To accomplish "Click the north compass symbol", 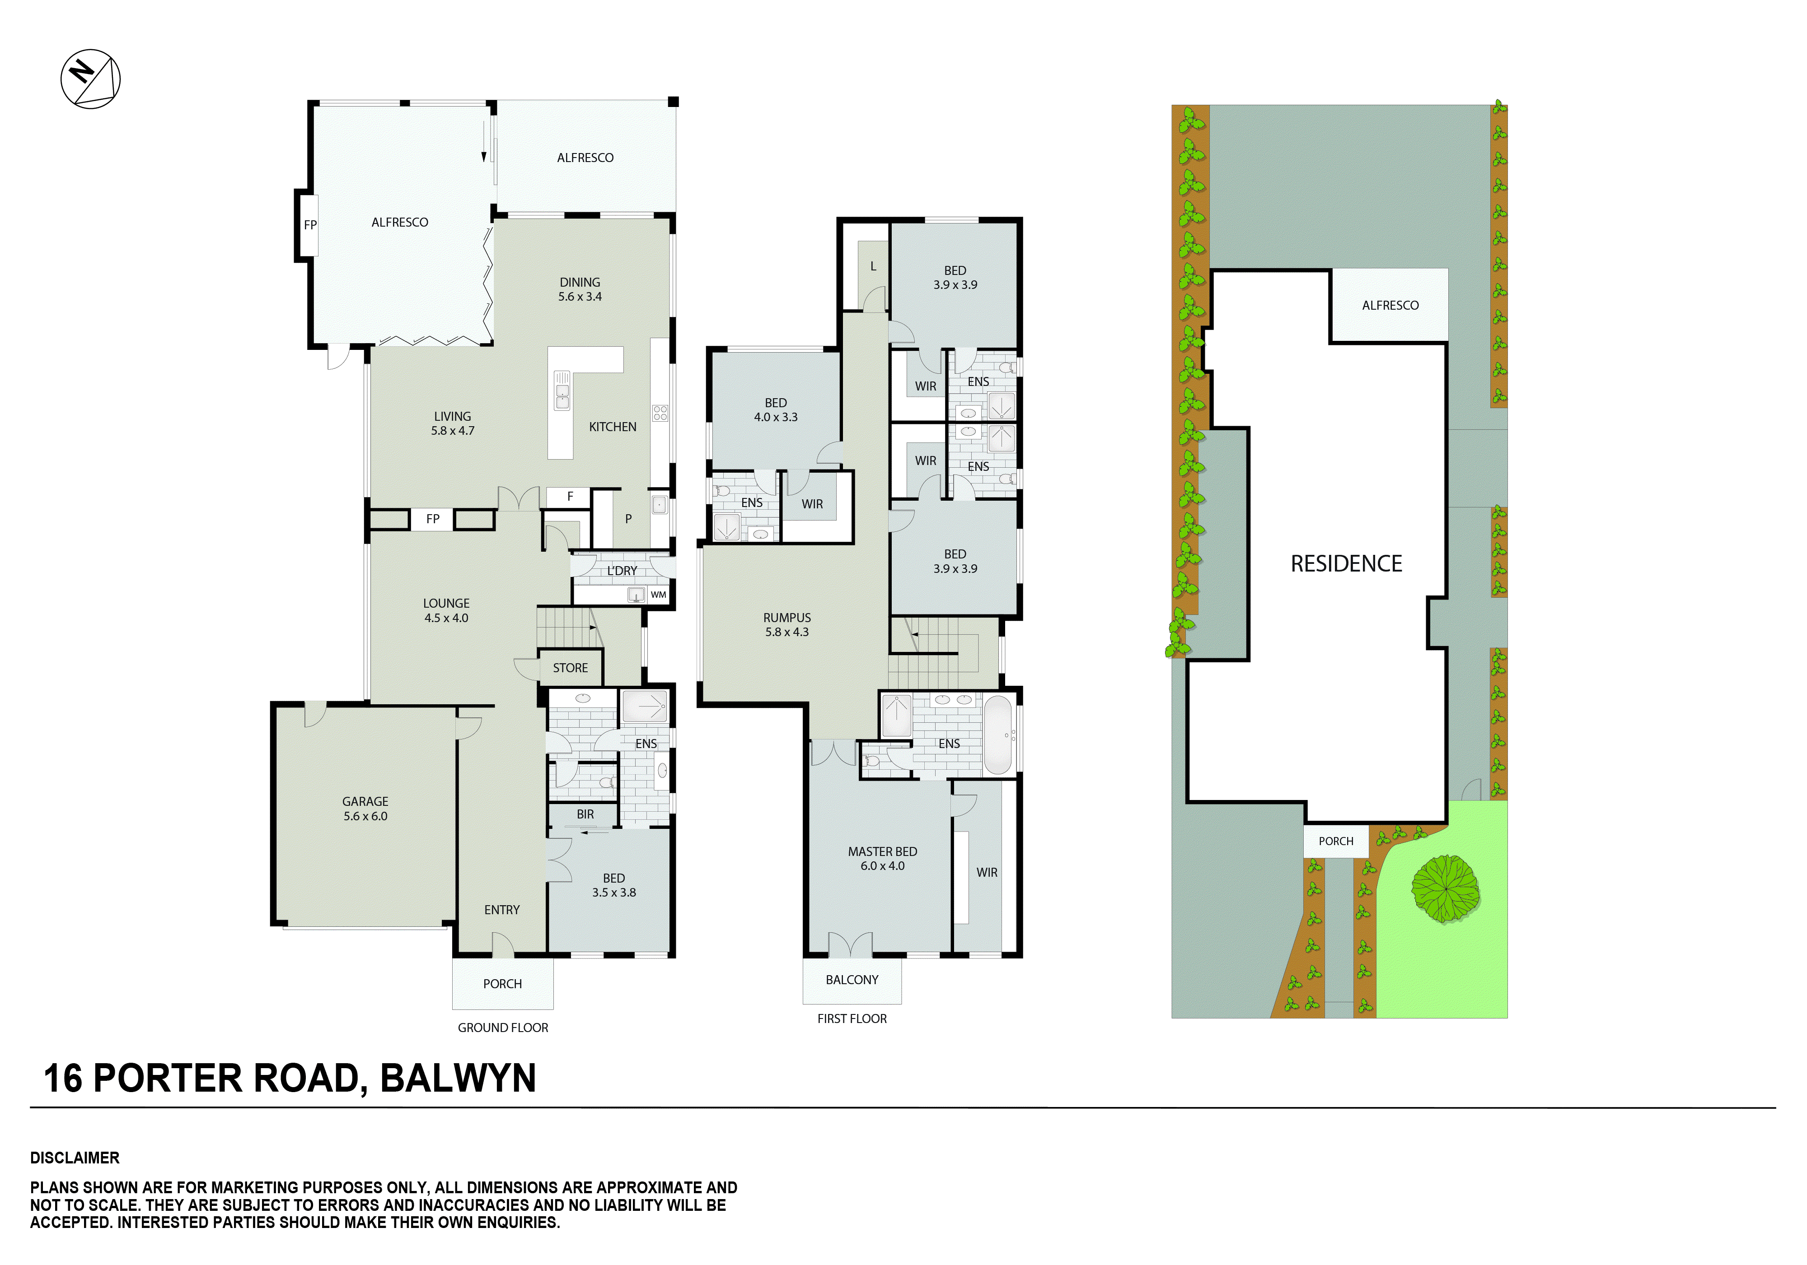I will (90, 79).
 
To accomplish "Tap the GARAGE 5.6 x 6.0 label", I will (365, 809).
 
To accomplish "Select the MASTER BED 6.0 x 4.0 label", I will (882, 858).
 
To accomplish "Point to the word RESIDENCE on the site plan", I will (1346, 563).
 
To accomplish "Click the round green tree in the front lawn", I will (1445, 889).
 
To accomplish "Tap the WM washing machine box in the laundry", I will (658, 595).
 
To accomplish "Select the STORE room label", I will (570, 668).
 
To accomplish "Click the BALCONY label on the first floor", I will (852, 979).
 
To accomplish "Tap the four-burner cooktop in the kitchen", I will (660, 413).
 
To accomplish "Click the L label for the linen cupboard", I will (873, 267).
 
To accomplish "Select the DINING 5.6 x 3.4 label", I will (580, 289).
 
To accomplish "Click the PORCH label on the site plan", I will (1335, 841).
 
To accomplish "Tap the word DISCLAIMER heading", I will (75, 1158).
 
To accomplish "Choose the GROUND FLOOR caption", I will (503, 1028).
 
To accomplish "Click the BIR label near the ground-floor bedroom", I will (585, 814).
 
